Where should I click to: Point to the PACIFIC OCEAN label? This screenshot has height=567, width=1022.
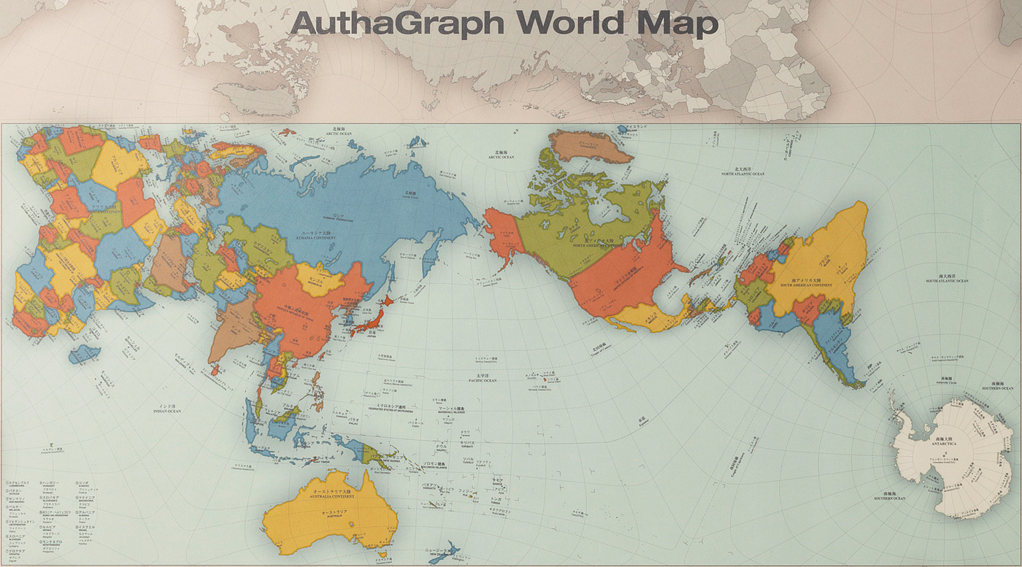point(483,379)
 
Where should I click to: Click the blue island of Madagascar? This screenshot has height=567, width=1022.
point(85,354)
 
